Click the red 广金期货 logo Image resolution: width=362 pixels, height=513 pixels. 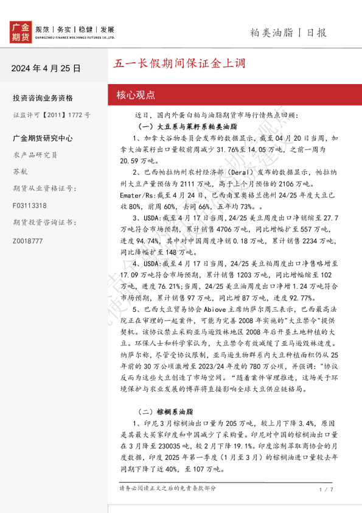21,32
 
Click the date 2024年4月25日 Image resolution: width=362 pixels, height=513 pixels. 46,68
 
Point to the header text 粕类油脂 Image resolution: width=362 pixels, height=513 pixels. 272,32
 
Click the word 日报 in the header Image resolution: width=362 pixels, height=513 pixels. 316,32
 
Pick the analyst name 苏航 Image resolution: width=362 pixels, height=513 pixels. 20,171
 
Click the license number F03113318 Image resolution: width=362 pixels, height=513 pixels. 29,205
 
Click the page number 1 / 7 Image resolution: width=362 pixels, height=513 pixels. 326,489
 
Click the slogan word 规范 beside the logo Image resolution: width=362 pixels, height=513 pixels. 43,29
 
